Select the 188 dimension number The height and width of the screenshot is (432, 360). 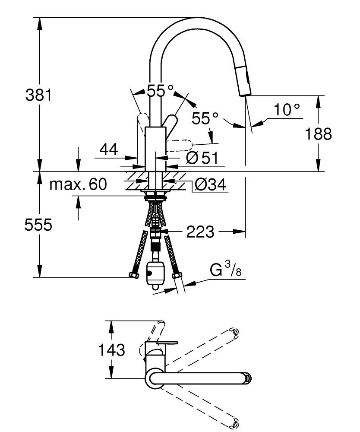click(319, 134)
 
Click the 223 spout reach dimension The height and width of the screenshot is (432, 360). click(200, 232)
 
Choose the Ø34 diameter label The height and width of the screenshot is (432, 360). click(210, 185)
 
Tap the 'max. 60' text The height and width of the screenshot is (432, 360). click(78, 185)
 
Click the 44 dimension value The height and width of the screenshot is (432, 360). click(108, 150)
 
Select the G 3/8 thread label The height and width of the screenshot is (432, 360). click(225, 271)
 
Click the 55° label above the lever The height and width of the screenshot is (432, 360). click(160, 91)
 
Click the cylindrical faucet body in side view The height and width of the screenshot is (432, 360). click(154, 149)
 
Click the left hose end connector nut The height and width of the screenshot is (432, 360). click(133, 275)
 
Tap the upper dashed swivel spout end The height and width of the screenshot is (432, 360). click(235, 332)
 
